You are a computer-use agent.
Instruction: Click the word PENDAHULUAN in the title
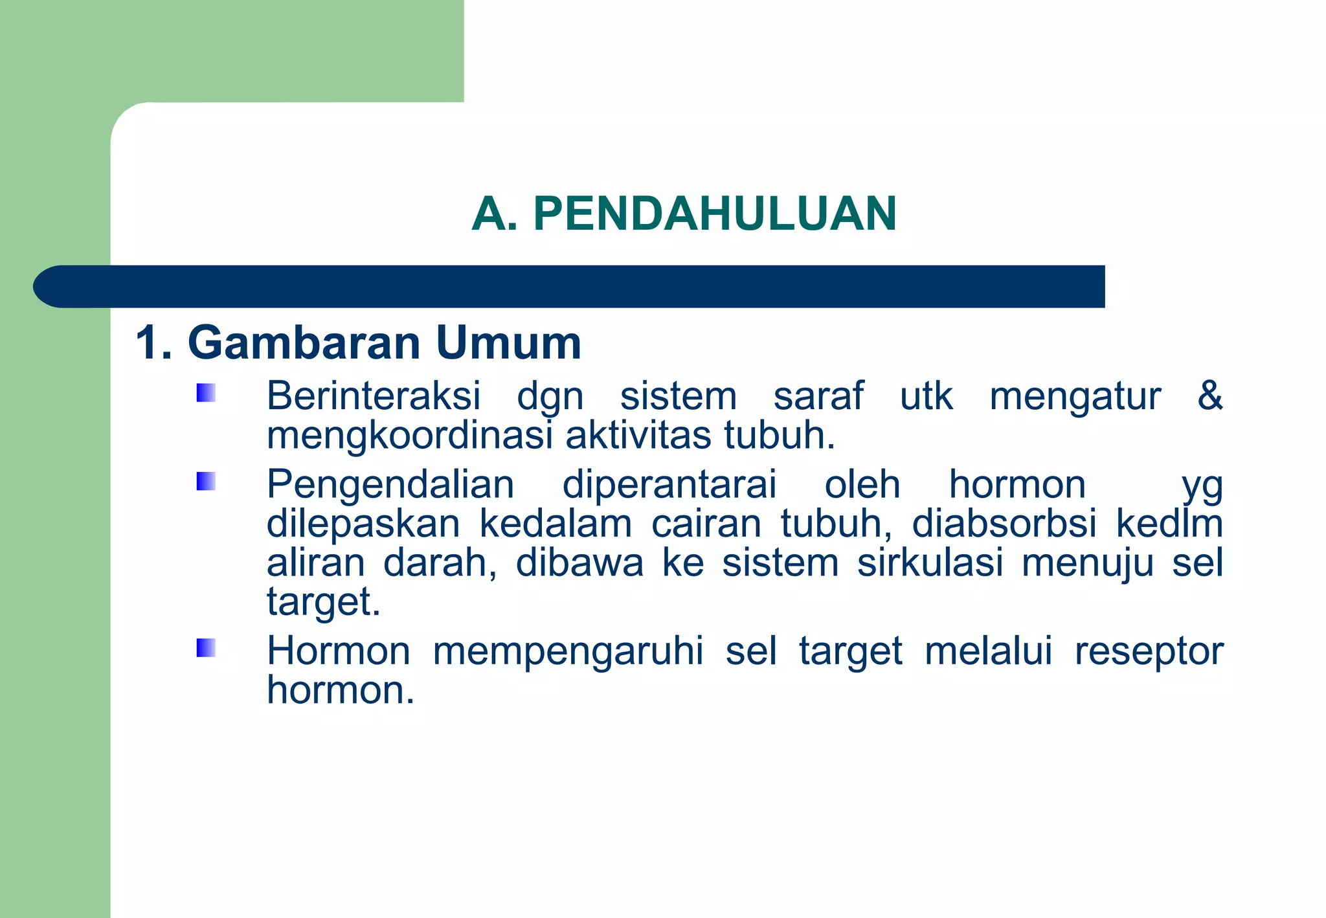(715, 214)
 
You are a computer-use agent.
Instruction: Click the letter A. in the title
(495, 214)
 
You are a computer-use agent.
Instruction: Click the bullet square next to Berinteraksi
(206, 393)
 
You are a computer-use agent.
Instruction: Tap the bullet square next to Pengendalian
(206, 481)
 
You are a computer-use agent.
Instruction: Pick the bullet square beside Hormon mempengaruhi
(206, 647)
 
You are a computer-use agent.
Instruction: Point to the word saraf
(818, 396)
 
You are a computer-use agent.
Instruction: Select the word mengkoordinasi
(409, 436)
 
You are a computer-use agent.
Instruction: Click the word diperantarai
(669, 484)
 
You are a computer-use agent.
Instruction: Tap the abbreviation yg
(1202, 487)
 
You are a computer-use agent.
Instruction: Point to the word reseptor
(1149, 651)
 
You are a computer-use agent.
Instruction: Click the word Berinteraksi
(374, 396)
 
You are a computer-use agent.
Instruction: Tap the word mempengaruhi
(568, 651)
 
